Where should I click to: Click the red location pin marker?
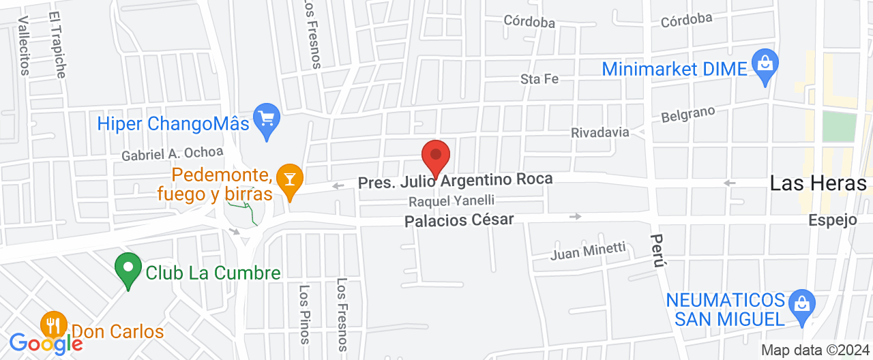click(x=436, y=157)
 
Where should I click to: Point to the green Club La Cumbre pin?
click(x=128, y=269)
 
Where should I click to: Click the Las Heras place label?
click(x=818, y=183)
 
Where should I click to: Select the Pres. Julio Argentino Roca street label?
click(x=455, y=181)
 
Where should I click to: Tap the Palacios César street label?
click(x=458, y=221)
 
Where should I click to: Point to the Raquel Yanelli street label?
click(x=451, y=201)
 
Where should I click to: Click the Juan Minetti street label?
click(x=588, y=251)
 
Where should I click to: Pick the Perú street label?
click(x=657, y=250)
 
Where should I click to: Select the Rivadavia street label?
click(x=600, y=132)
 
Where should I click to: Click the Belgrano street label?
click(x=688, y=113)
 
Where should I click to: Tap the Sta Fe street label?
click(x=539, y=79)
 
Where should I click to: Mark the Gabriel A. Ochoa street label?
click(x=172, y=154)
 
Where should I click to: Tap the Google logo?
click(x=45, y=343)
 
